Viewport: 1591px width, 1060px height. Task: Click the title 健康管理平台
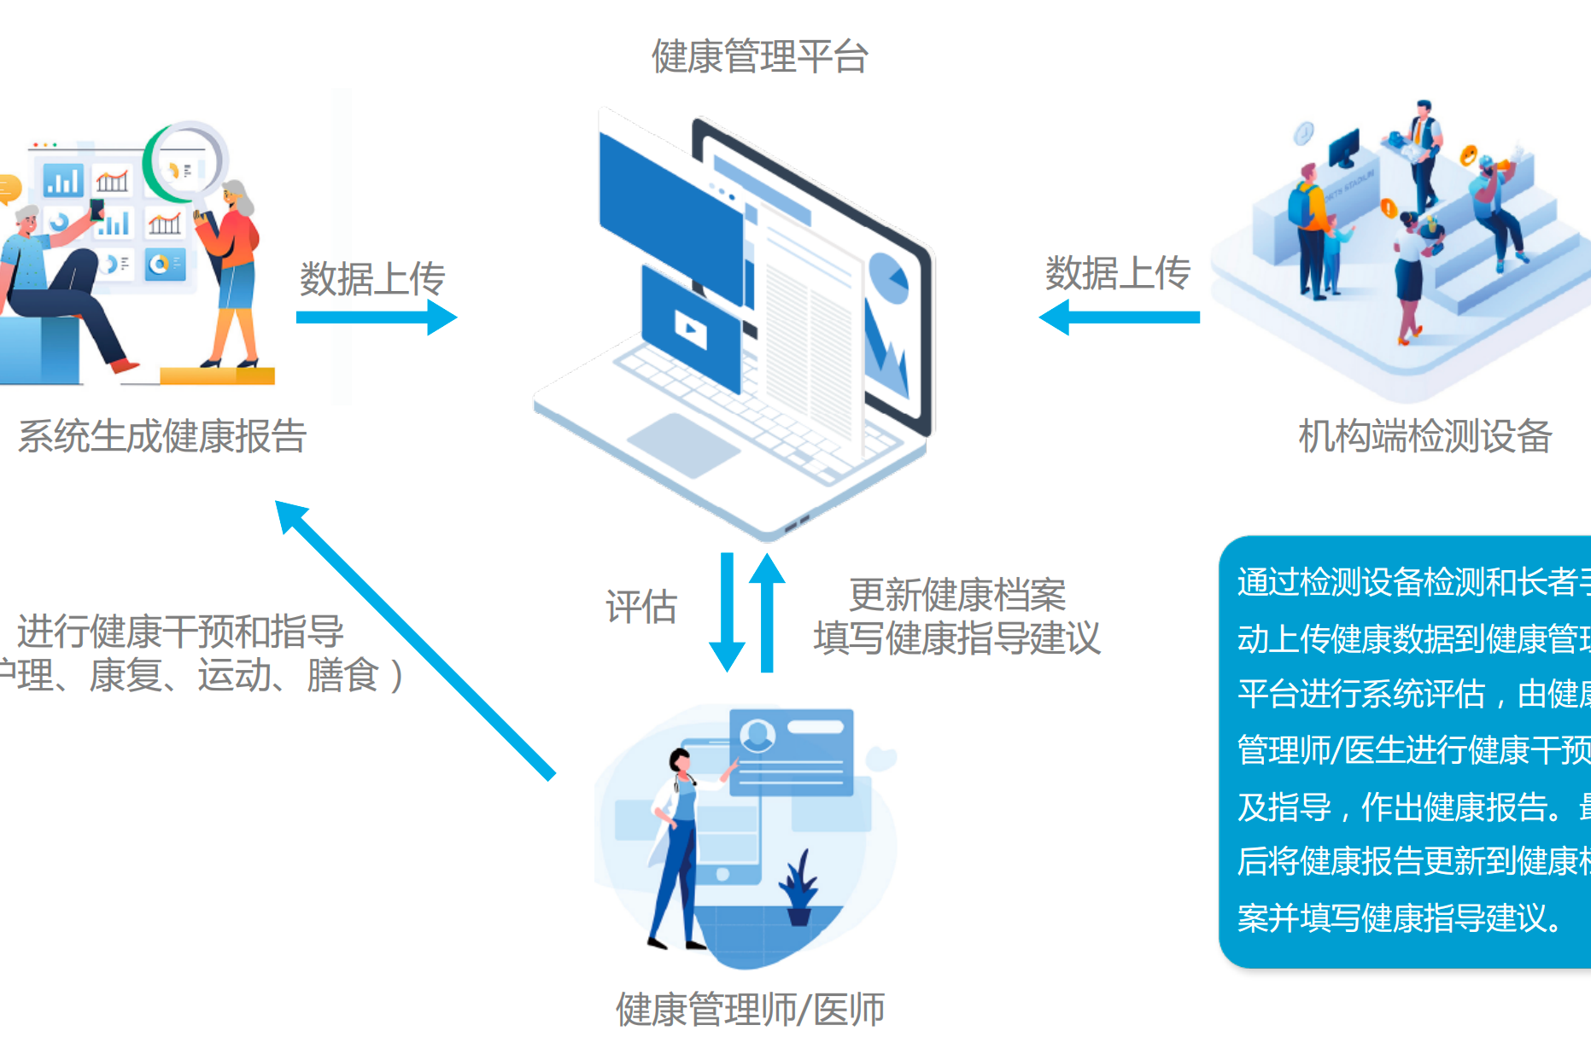[x=759, y=56]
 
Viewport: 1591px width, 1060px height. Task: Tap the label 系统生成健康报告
[x=162, y=436]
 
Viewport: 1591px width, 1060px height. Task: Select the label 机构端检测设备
[x=1424, y=436]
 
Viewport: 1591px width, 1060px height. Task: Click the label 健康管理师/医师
[x=750, y=1010]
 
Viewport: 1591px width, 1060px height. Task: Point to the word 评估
[x=640, y=607]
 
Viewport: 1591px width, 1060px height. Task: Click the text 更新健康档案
[x=956, y=595]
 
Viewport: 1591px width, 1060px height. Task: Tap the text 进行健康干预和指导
[x=180, y=632]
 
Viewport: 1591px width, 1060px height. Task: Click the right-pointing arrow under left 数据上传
[x=376, y=317]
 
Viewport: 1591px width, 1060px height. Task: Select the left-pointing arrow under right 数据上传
[x=1119, y=317]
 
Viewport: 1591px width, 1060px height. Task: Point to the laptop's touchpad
[x=683, y=445]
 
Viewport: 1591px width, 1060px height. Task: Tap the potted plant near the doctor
[x=799, y=888]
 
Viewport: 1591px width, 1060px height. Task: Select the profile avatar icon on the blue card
[x=757, y=735]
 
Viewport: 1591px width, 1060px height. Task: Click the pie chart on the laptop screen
[x=888, y=278]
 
